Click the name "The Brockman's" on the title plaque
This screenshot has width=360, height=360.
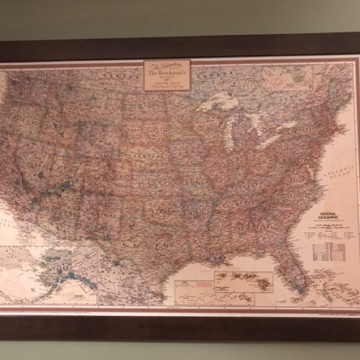(x=167, y=73)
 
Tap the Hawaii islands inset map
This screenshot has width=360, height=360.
(x=244, y=281)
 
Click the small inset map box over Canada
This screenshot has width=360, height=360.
(x=282, y=77)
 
